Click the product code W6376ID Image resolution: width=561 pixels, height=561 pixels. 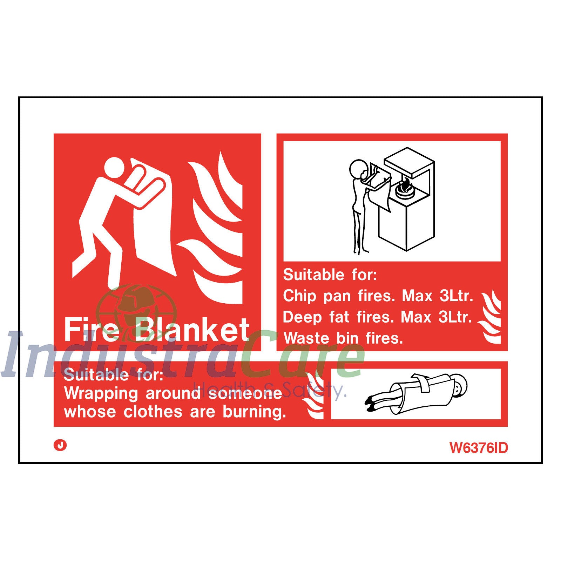478,448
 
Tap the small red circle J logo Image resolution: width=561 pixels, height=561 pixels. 60,445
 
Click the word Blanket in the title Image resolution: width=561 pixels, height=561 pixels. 192,330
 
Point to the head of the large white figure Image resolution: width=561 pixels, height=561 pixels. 114,168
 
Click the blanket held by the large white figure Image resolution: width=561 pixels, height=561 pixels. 154,228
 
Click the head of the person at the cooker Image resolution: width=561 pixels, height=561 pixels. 358,169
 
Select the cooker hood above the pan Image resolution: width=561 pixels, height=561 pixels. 409,161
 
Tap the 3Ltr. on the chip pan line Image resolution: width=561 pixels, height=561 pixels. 456,296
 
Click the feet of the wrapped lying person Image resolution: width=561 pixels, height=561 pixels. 372,403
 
